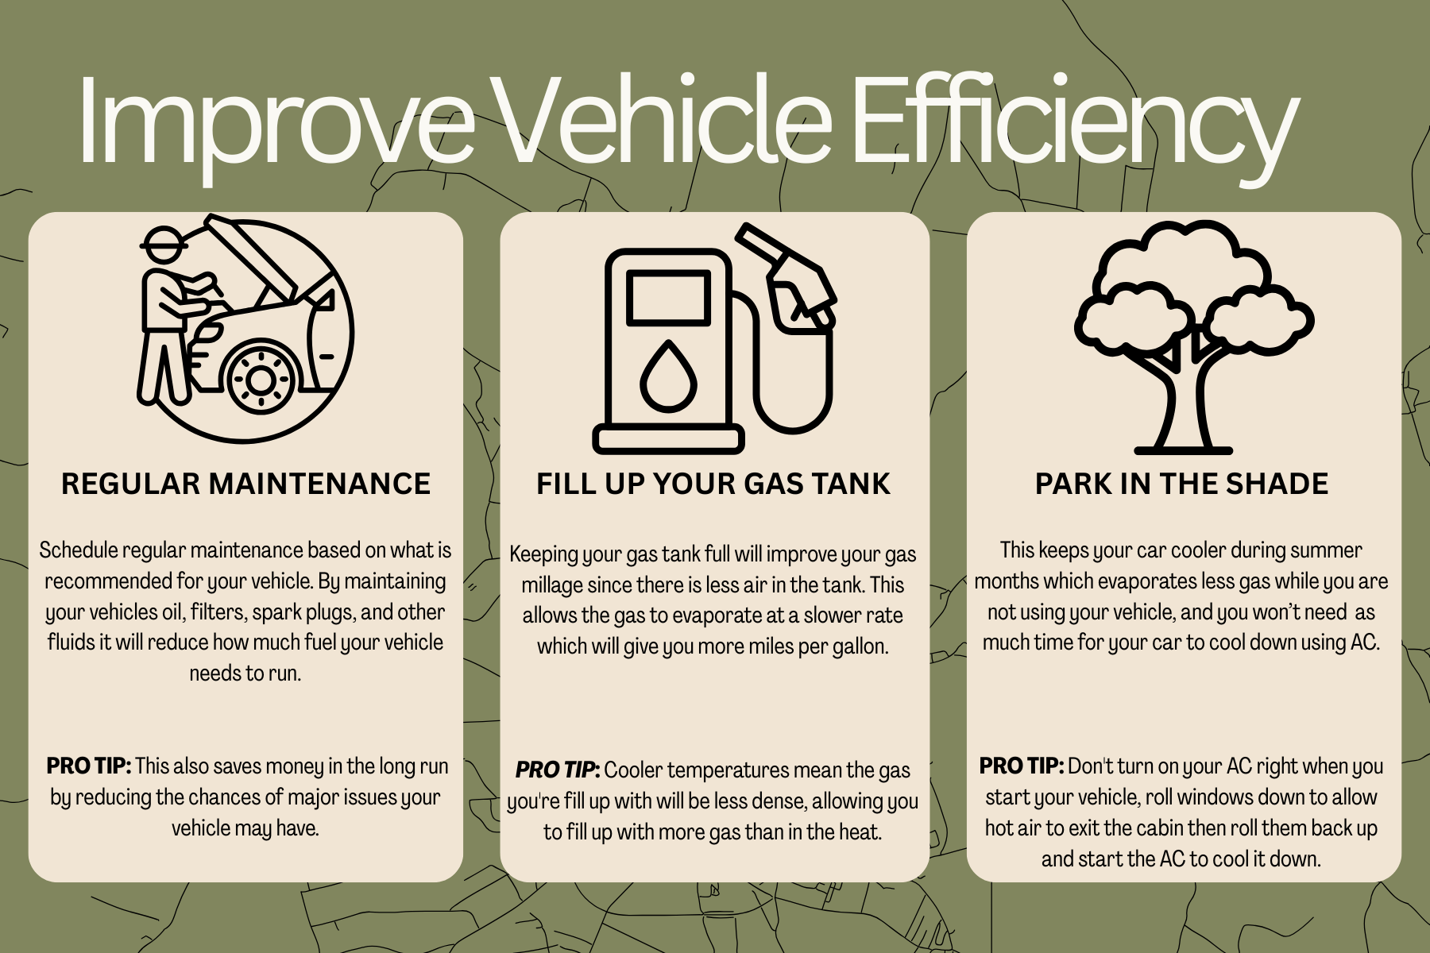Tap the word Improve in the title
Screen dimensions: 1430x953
tap(276, 123)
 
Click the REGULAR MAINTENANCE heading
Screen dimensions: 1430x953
tap(245, 484)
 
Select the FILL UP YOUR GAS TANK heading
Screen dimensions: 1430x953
tap(713, 484)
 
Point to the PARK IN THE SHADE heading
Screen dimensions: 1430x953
tap(1181, 484)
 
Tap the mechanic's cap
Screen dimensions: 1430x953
tap(164, 241)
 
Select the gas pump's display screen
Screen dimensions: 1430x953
tap(668, 298)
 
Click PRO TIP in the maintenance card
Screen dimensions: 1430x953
tap(88, 766)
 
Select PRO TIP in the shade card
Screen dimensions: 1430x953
tap(1022, 766)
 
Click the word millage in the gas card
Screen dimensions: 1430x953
tap(552, 586)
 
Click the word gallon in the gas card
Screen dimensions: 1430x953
tap(860, 647)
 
